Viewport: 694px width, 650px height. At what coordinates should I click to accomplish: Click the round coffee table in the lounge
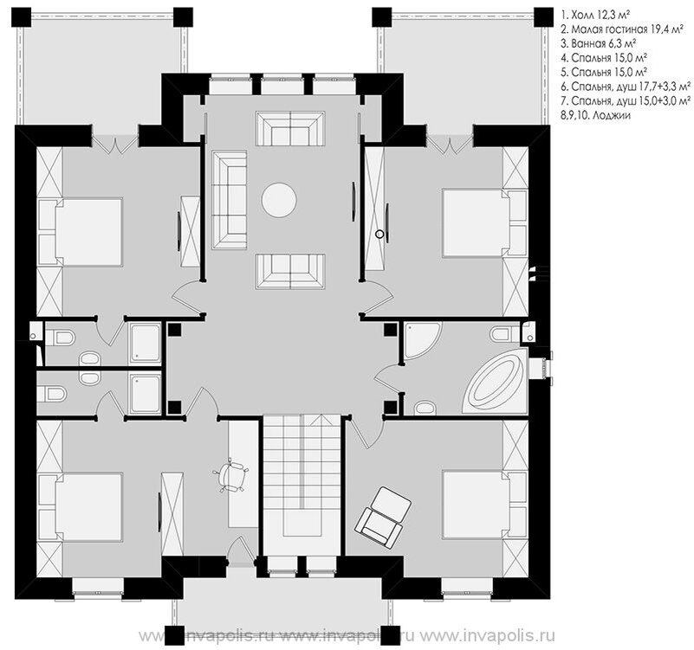coord(279,200)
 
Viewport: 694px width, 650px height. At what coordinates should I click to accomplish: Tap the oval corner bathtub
coord(494,382)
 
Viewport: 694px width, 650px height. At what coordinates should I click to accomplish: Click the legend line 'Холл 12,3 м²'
coord(595,16)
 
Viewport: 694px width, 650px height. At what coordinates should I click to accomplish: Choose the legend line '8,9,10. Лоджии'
coord(595,115)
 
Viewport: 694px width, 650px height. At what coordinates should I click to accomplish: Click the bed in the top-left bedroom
coord(88,232)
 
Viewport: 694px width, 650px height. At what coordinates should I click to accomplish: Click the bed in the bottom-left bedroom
coord(88,507)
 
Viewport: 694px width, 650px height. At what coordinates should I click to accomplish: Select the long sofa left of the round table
coord(229,200)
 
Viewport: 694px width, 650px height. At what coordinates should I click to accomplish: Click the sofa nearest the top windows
coord(290,127)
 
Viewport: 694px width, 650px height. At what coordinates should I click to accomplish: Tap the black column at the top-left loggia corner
coord(22,17)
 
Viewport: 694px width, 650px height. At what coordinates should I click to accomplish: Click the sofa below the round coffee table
coord(290,271)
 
